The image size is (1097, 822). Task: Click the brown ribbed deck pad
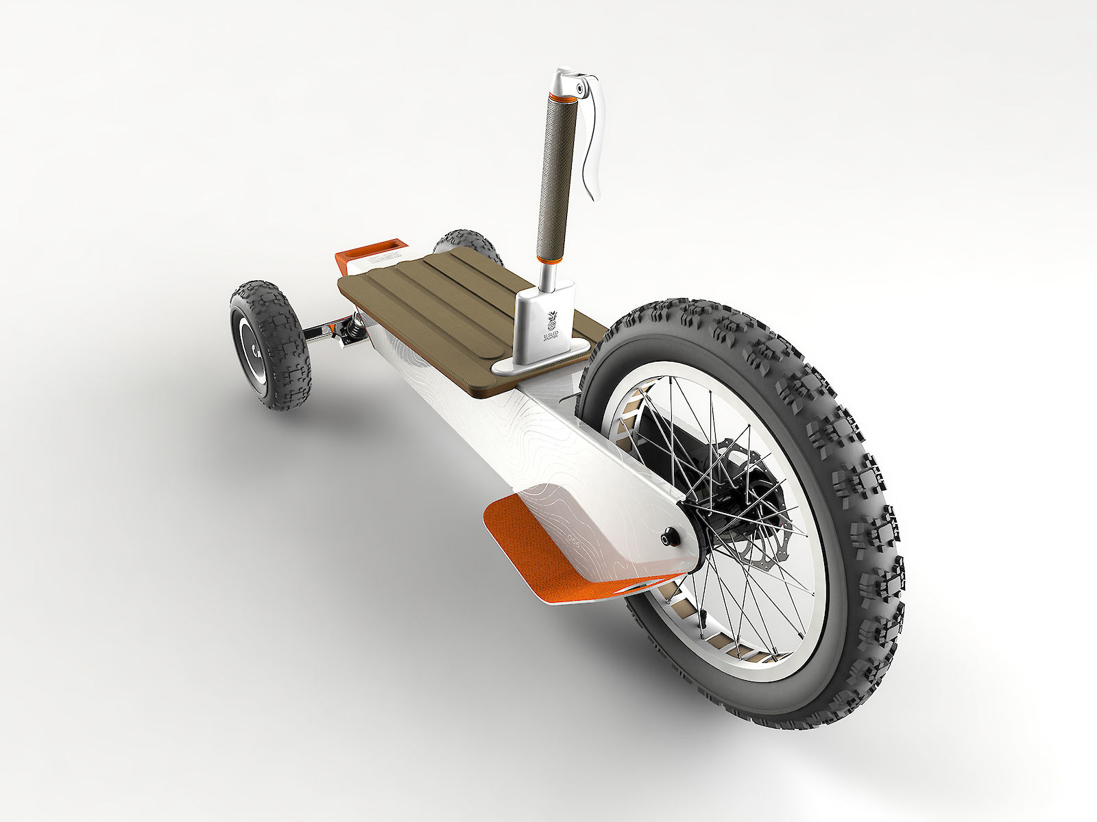(x=439, y=301)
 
